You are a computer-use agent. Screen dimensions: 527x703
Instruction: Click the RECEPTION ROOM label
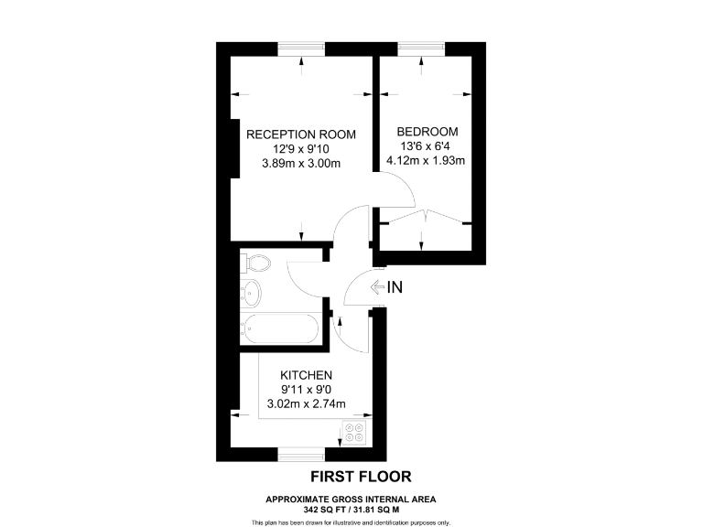click(x=301, y=134)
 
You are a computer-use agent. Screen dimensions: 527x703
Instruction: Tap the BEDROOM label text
click(x=427, y=132)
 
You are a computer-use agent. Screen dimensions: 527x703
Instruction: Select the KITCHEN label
click(x=306, y=375)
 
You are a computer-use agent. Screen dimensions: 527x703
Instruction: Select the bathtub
click(x=281, y=328)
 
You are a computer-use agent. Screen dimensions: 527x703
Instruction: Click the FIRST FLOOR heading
click(x=361, y=476)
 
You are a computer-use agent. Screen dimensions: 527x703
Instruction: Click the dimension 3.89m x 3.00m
click(x=301, y=164)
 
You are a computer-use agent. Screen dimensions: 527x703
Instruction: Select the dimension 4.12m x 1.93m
click(x=427, y=161)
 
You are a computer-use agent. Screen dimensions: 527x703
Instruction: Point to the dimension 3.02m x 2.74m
click(x=306, y=403)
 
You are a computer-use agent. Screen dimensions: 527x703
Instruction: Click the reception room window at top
click(x=301, y=48)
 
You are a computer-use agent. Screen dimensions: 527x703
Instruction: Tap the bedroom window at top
click(x=421, y=48)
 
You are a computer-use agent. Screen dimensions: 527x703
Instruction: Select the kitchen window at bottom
click(x=302, y=455)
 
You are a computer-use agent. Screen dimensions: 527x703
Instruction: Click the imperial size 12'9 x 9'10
click(x=301, y=149)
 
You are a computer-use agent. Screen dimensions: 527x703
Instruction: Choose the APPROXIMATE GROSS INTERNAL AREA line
click(x=351, y=498)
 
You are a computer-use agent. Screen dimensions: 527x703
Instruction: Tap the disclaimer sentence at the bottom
click(x=351, y=522)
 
